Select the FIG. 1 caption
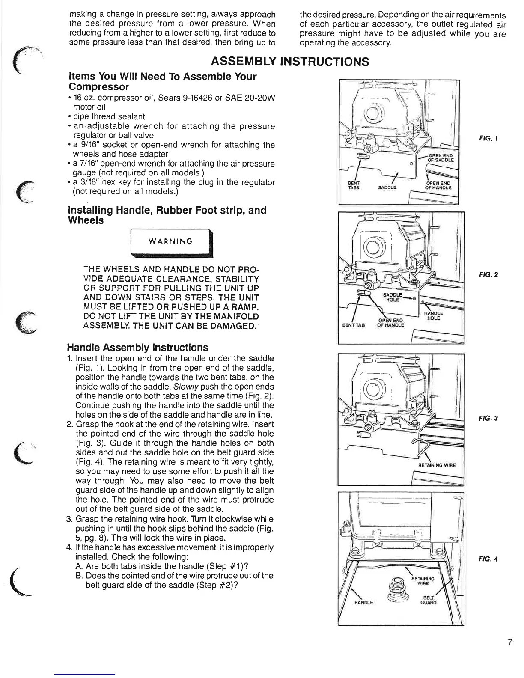[488, 138]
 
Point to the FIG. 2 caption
[488, 275]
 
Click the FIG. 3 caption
[488, 418]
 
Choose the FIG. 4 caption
[488, 559]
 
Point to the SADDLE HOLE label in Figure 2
[392, 297]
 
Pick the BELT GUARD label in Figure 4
[428, 600]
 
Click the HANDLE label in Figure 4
[364, 602]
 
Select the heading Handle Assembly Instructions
[137, 348]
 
